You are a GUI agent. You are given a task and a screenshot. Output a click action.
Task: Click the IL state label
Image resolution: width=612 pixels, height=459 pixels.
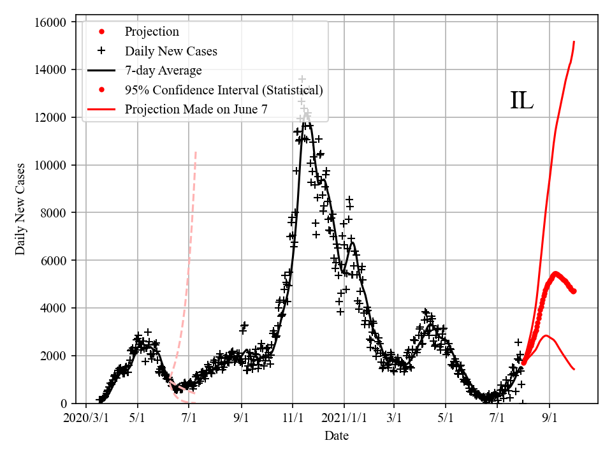pyautogui.click(x=521, y=101)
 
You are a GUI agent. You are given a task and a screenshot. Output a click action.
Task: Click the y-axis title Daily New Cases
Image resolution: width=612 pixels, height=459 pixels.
pyautogui.click(x=21, y=209)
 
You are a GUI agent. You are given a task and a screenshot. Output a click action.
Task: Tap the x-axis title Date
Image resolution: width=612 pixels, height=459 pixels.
pyautogui.click(x=336, y=436)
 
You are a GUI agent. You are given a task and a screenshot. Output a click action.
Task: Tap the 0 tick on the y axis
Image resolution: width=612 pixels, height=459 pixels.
pyautogui.click(x=64, y=404)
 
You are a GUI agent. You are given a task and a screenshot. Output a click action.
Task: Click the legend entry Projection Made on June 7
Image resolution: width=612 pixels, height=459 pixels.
pyautogui.click(x=196, y=109)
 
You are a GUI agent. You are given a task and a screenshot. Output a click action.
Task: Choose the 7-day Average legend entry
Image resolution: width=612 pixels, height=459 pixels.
pyautogui.click(x=163, y=70)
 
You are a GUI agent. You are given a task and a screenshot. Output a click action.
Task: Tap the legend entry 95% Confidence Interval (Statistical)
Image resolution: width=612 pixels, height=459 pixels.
pyautogui.click(x=224, y=90)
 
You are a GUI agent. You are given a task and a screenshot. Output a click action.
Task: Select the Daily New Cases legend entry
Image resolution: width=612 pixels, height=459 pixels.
pyautogui.click(x=171, y=51)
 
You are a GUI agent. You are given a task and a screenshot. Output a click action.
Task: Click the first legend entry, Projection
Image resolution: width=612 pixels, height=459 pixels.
pyautogui.click(x=152, y=32)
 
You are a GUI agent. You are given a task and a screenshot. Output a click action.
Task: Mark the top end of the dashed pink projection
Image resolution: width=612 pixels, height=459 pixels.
pyautogui.click(x=196, y=151)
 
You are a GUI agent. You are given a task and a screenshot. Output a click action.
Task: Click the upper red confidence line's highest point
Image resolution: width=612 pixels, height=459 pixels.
pyautogui.click(x=574, y=41)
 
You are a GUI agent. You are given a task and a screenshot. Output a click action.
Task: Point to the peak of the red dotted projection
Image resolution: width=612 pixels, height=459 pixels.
pyautogui.click(x=555, y=273)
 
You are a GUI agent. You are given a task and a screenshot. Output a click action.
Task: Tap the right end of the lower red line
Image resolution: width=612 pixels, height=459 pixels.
pyautogui.click(x=574, y=369)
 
